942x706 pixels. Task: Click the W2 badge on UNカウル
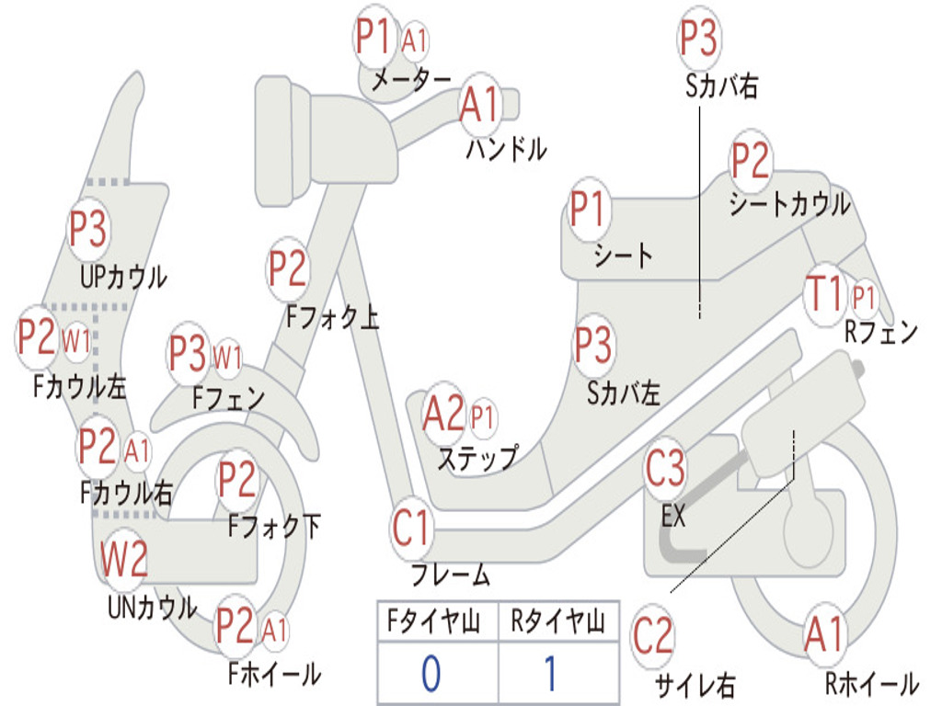pyautogui.click(x=124, y=558)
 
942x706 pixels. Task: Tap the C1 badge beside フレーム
pyautogui.click(x=412, y=528)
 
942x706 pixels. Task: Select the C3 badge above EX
pyautogui.click(x=665, y=468)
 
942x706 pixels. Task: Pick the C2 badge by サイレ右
pyautogui.click(x=653, y=635)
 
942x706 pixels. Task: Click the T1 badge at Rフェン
pyautogui.click(x=825, y=294)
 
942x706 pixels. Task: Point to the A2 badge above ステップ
pyautogui.click(x=444, y=413)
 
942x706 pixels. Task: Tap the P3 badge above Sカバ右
pyautogui.click(x=699, y=38)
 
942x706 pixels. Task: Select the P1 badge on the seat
pyautogui.click(x=587, y=209)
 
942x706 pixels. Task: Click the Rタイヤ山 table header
pyautogui.click(x=557, y=621)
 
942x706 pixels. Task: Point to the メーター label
pyautogui.click(x=411, y=79)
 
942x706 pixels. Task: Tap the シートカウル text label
pyautogui.click(x=790, y=204)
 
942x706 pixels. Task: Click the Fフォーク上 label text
pyautogui.click(x=333, y=316)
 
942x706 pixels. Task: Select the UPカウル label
pyautogui.click(x=124, y=277)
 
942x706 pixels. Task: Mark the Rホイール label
pyautogui.click(x=872, y=683)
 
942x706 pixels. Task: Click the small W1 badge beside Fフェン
pyautogui.click(x=228, y=358)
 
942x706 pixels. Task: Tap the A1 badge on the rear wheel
pyautogui.click(x=825, y=633)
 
